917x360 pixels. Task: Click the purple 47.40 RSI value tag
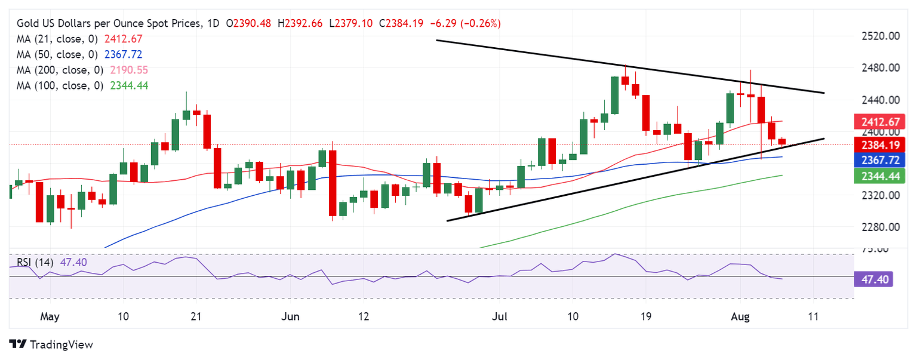873,279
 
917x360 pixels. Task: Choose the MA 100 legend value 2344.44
130,85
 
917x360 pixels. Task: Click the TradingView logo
52,344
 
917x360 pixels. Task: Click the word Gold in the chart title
27,24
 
